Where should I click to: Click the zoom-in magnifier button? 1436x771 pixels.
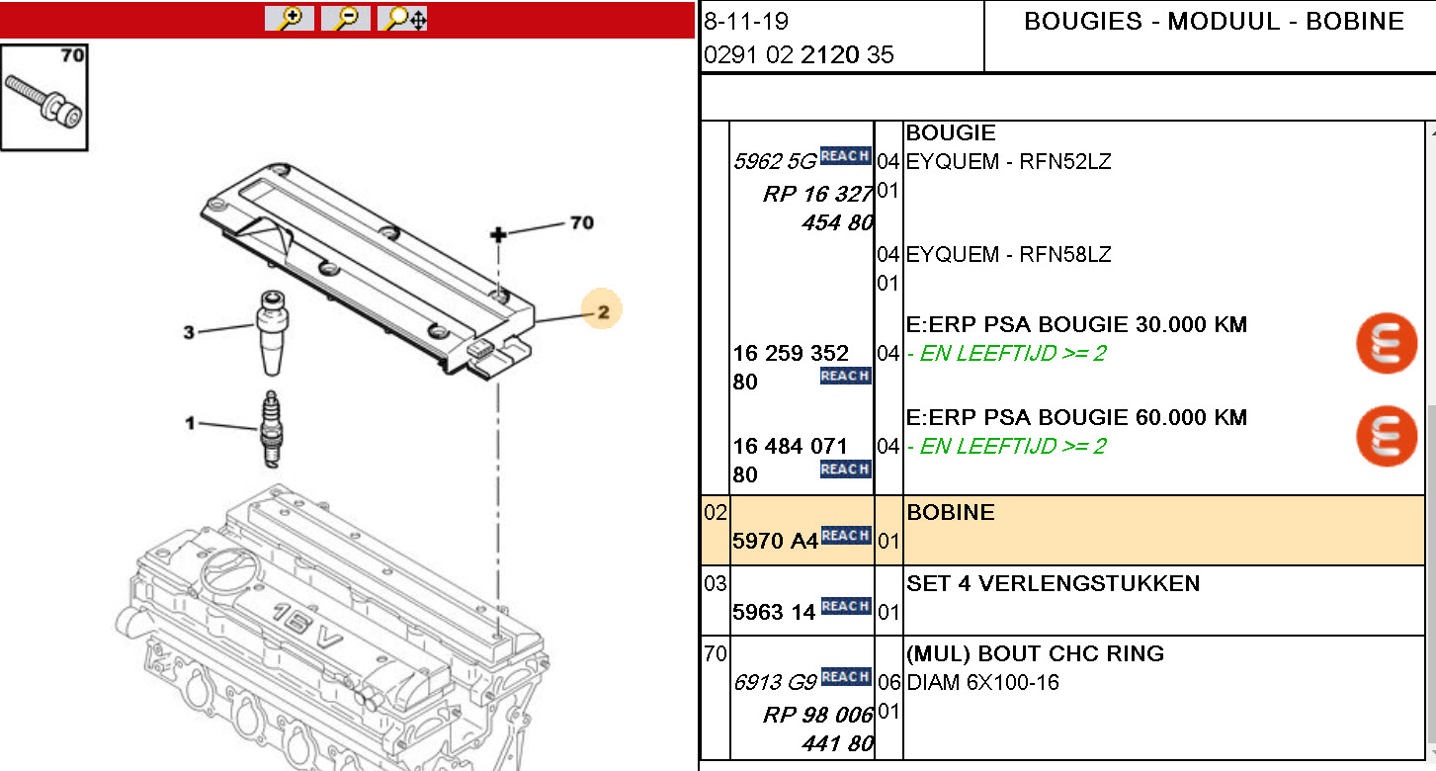pyautogui.click(x=290, y=18)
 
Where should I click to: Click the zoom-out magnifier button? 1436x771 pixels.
pyautogui.click(x=346, y=18)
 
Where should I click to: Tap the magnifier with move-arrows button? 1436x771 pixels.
pyautogui.click(x=402, y=18)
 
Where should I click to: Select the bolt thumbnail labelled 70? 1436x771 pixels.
pyautogui.click(x=44, y=98)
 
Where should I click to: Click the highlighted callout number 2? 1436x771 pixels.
pyautogui.click(x=603, y=311)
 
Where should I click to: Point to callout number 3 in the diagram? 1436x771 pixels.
pyautogui.click(x=189, y=332)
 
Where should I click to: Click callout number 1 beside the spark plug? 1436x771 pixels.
pyautogui.click(x=189, y=423)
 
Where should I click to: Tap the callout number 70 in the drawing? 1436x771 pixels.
pyautogui.click(x=582, y=222)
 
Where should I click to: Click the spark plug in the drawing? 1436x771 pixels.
pyautogui.click(x=272, y=430)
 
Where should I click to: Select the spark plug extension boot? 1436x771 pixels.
pyautogui.click(x=273, y=332)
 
